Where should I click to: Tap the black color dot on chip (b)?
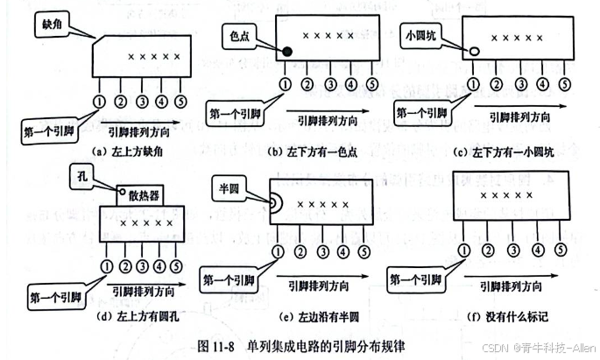pyautogui.click(x=286, y=50)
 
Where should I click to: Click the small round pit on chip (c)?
pyautogui.click(x=474, y=51)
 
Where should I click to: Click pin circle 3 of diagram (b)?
pyautogui.click(x=329, y=84)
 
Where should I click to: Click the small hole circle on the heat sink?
pyautogui.click(x=121, y=191)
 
